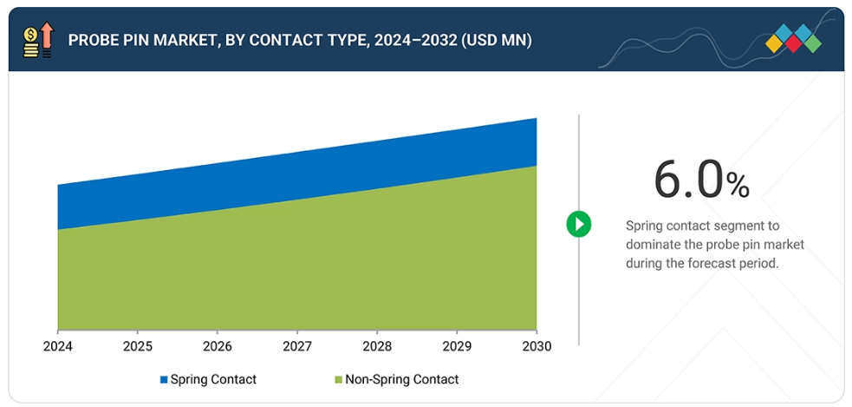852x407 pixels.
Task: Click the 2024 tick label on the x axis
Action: pyautogui.click(x=57, y=346)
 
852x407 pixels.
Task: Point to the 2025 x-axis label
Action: pyautogui.click(x=137, y=346)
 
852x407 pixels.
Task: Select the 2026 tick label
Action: pyautogui.click(x=217, y=346)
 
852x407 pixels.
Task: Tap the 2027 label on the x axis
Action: pyautogui.click(x=297, y=346)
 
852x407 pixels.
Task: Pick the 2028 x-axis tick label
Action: pyautogui.click(x=377, y=346)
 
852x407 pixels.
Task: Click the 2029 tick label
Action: pyautogui.click(x=457, y=346)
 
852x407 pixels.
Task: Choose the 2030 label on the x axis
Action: pyautogui.click(x=537, y=346)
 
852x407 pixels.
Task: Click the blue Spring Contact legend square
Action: pyautogui.click(x=163, y=380)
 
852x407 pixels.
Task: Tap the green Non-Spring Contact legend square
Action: pyautogui.click(x=338, y=380)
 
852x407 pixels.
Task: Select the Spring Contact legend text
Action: pyautogui.click(x=213, y=379)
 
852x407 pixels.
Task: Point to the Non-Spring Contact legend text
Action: pyautogui.click(x=401, y=379)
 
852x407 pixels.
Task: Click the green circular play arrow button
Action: pyautogui.click(x=578, y=224)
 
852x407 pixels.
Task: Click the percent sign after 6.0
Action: pyautogui.click(x=738, y=184)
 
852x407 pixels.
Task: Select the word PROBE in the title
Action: pyautogui.click(x=94, y=40)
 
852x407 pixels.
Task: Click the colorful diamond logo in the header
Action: pyautogui.click(x=793, y=39)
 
